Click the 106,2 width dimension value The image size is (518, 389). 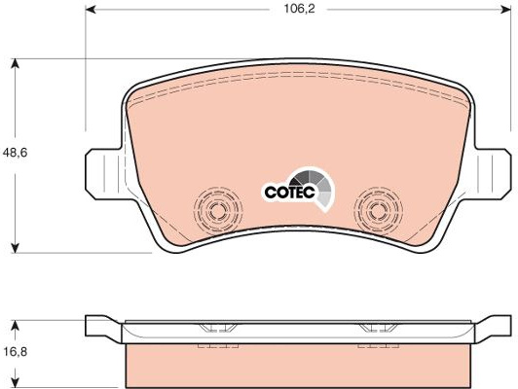[x=300, y=9]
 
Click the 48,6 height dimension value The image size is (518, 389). [x=15, y=153]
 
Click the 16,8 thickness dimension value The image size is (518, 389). [x=16, y=352]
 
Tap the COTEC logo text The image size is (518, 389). [x=290, y=192]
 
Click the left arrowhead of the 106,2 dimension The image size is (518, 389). [x=91, y=9]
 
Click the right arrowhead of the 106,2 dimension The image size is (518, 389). [x=506, y=9]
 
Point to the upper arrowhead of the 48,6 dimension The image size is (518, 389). [x=15, y=63]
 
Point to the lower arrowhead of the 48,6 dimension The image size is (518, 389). [x=15, y=248]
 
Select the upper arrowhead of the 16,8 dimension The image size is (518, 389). [x=15, y=325]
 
